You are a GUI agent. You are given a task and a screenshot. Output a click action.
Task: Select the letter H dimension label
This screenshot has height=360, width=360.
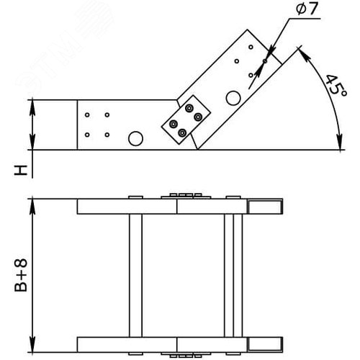pyautogui.click(x=22, y=171)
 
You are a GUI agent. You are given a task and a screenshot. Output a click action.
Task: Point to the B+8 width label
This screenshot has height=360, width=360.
pyautogui.click(x=21, y=271)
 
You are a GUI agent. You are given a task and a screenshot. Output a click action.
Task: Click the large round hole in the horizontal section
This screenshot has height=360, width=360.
pyautogui.click(x=135, y=138)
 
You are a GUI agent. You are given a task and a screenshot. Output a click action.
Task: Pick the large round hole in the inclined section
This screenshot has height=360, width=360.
pyautogui.click(x=233, y=97)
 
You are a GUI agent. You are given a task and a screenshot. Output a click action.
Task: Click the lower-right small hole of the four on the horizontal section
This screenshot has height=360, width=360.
pyautogui.click(x=107, y=134)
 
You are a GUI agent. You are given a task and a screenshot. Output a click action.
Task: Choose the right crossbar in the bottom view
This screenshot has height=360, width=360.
pyautogui.click(x=230, y=274)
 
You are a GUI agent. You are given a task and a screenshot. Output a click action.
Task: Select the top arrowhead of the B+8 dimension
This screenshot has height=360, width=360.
pyautogui.click(x=32, y=202)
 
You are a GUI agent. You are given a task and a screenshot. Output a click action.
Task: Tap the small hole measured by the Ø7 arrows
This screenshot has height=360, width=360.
pyautogui.click(x=265, y=61)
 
